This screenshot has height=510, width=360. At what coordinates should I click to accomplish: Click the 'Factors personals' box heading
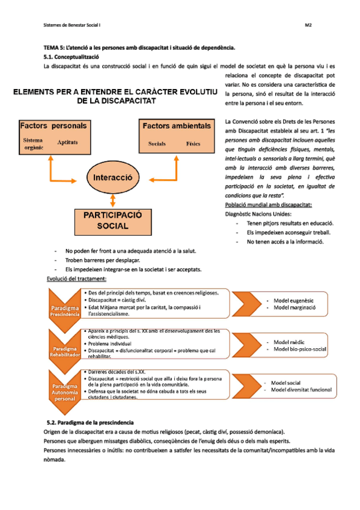click(53, 126)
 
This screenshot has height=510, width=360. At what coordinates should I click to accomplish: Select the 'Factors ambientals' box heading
click(176, 126)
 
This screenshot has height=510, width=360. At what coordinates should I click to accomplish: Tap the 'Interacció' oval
click(113, 178)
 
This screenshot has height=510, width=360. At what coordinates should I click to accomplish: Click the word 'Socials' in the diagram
click(157, 144)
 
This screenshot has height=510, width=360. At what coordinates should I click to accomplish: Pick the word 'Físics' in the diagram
click(193, 144)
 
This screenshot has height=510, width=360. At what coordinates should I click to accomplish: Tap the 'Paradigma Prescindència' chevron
click(64, 310)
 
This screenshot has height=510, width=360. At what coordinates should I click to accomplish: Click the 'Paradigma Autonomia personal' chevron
click(64, 389)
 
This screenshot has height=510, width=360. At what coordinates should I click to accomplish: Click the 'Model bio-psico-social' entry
click(300, 349)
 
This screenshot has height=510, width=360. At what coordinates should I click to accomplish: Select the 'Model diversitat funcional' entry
click(301, 390)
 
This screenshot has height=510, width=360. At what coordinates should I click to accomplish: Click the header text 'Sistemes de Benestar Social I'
click(73, 26)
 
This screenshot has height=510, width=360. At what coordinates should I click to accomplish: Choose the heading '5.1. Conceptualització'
click(72, 56)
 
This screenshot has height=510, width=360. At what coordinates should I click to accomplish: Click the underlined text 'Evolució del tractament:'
click(76, 279)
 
